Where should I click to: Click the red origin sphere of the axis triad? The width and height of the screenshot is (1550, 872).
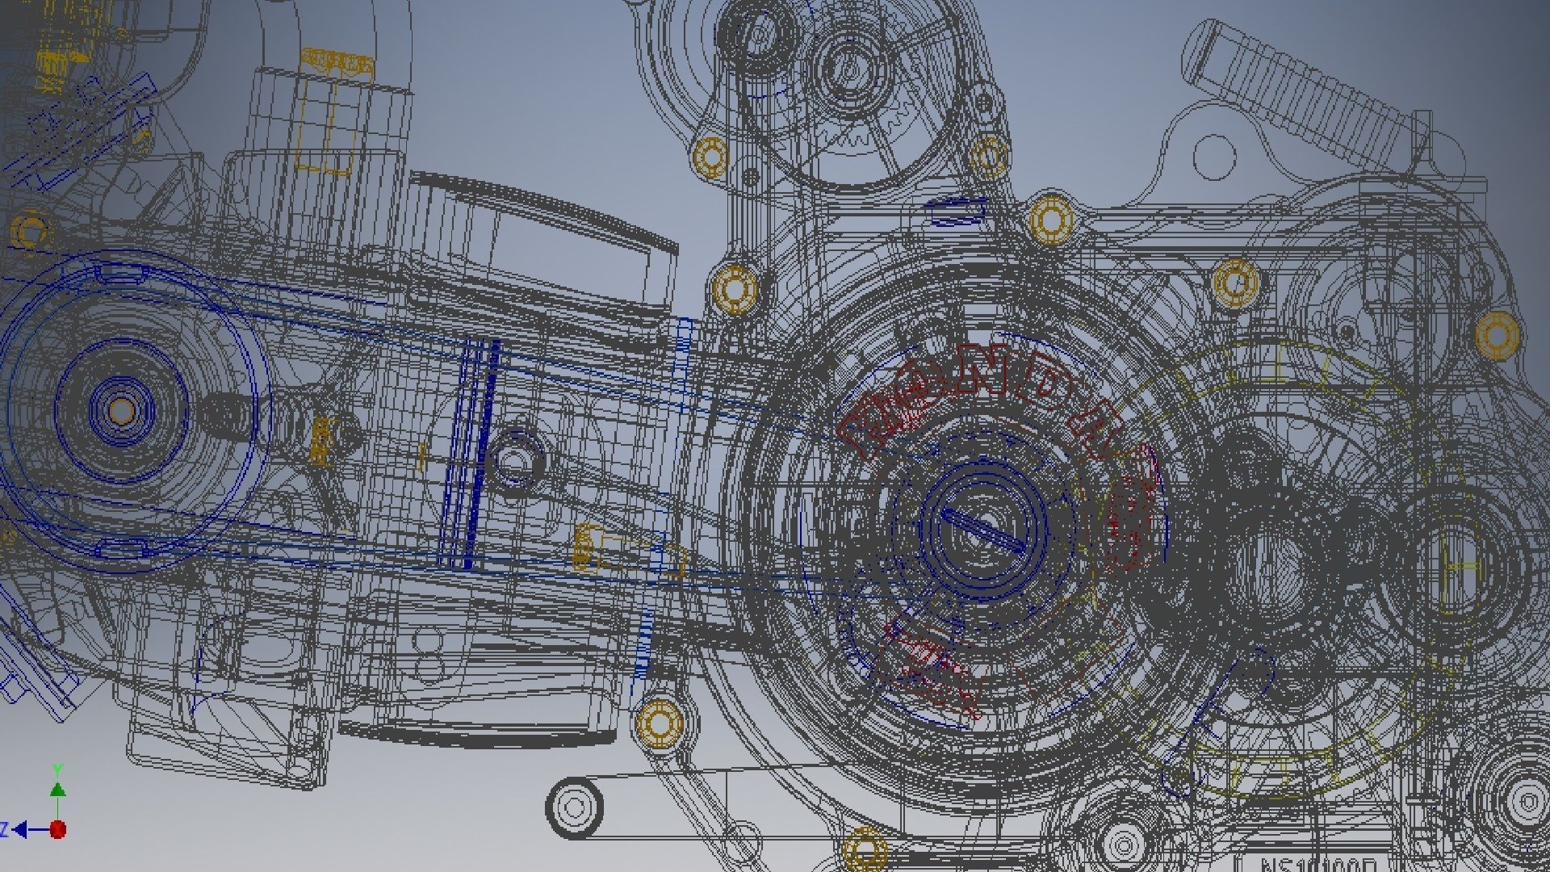click(x=57, y=829)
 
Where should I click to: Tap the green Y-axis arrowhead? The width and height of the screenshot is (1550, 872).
click(x=57, y=790)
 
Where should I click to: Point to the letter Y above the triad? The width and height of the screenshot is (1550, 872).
click(x=57, y=769)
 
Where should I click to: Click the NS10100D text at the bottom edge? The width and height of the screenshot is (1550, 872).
click(x=1316, y=863)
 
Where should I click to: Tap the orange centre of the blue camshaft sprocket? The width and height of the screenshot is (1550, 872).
click(x=121, y=411)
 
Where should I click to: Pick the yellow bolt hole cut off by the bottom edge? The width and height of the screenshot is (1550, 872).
click(x=865, y=852)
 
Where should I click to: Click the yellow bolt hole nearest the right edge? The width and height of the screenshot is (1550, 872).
click(x=1497, y=334)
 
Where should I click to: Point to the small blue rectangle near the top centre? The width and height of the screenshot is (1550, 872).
click(x=956, y=212)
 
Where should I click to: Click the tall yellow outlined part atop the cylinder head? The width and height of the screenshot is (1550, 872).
click(x=327, y=121)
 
